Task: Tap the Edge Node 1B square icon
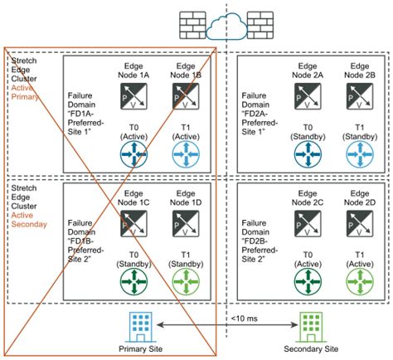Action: (184, 100)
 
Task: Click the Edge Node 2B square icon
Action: (358, 100)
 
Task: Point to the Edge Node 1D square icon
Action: (184, 223)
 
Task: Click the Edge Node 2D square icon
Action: (358, 223)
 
